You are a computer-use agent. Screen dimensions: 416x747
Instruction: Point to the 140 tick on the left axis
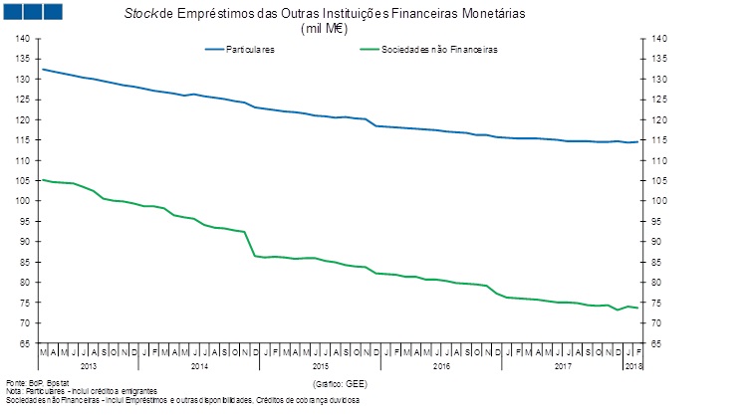pyautogui.click(x=23, y=39)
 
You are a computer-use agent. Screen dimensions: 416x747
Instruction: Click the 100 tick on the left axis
pyautogui.click(x=23, y=201)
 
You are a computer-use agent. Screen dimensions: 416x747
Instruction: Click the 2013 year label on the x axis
pyautogui.click(x=87, y=366)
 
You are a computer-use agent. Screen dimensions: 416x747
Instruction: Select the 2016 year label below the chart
pyautogui.click(x=441, y=366)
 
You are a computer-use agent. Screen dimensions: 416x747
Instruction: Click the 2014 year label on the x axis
pyautogui.click(x=200, y=366)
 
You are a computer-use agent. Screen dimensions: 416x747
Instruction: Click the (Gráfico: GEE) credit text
pyautogui.click(x=341, y=383)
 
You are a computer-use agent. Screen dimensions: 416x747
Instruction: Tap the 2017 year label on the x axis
pyautogui.click(x=562, y=366)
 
